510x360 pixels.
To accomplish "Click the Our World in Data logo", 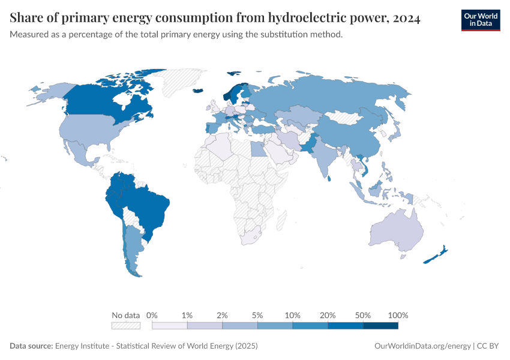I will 480,20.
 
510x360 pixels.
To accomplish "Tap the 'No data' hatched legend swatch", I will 125,325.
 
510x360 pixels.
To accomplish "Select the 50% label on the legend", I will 363,315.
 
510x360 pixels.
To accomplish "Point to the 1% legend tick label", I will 187,315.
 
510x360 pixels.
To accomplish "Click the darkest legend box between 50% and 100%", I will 381,325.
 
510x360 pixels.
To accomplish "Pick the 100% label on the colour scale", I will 398,315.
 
